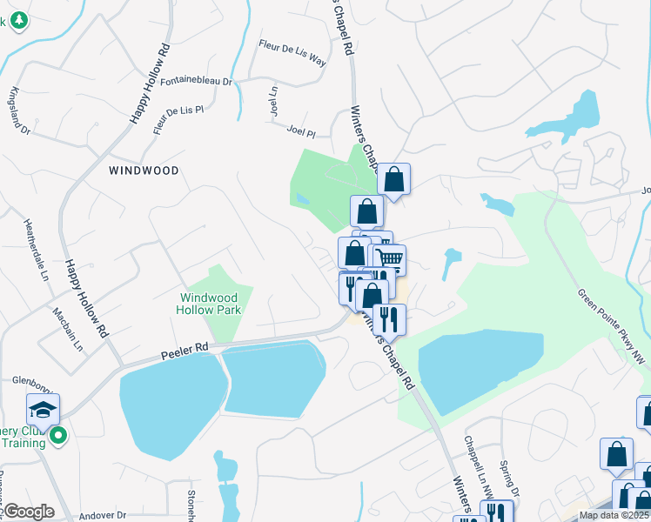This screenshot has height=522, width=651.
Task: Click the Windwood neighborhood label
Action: click(x=144, y=171)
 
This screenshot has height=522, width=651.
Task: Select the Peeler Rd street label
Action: click(x=185, y=351)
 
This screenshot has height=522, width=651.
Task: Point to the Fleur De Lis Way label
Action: click(x=292, y=53)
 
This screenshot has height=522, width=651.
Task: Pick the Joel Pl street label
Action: click(x=300, y=131)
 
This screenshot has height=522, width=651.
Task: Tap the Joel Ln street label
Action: click(x=273, y=101)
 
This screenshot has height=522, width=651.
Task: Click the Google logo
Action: click(x=29, y=512)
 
